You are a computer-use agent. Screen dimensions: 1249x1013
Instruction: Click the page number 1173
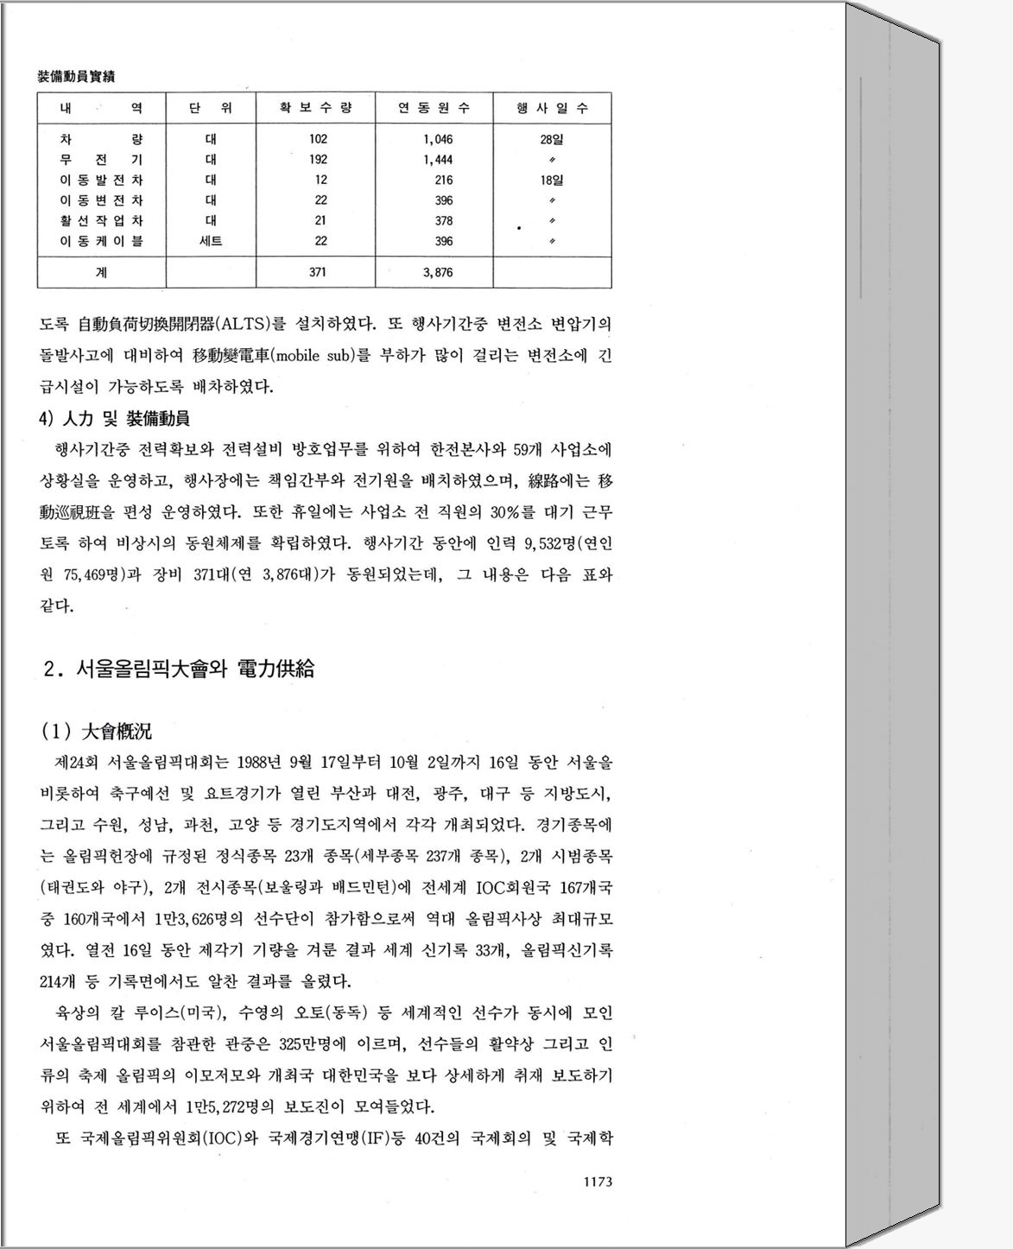point(598,1182)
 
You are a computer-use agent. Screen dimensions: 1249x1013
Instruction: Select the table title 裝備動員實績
point(77,77)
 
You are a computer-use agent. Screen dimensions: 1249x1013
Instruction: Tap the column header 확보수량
point(315,108)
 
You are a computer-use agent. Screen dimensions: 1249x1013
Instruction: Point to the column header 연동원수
point(434,108)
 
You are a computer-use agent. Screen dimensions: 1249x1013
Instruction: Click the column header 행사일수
point(552,108)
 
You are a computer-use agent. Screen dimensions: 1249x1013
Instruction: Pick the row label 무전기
point(101,160)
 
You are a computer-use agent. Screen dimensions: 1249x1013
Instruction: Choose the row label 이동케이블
point(101,241)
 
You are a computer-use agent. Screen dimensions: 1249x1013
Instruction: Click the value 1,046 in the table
point(438,139)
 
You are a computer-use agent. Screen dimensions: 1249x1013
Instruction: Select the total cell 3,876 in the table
point(438,272)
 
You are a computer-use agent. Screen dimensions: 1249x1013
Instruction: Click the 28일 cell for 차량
point(551,139)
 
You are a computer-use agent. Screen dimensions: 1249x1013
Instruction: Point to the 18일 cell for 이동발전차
point(551,181)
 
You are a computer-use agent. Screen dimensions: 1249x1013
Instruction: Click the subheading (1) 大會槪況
point(97,732)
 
